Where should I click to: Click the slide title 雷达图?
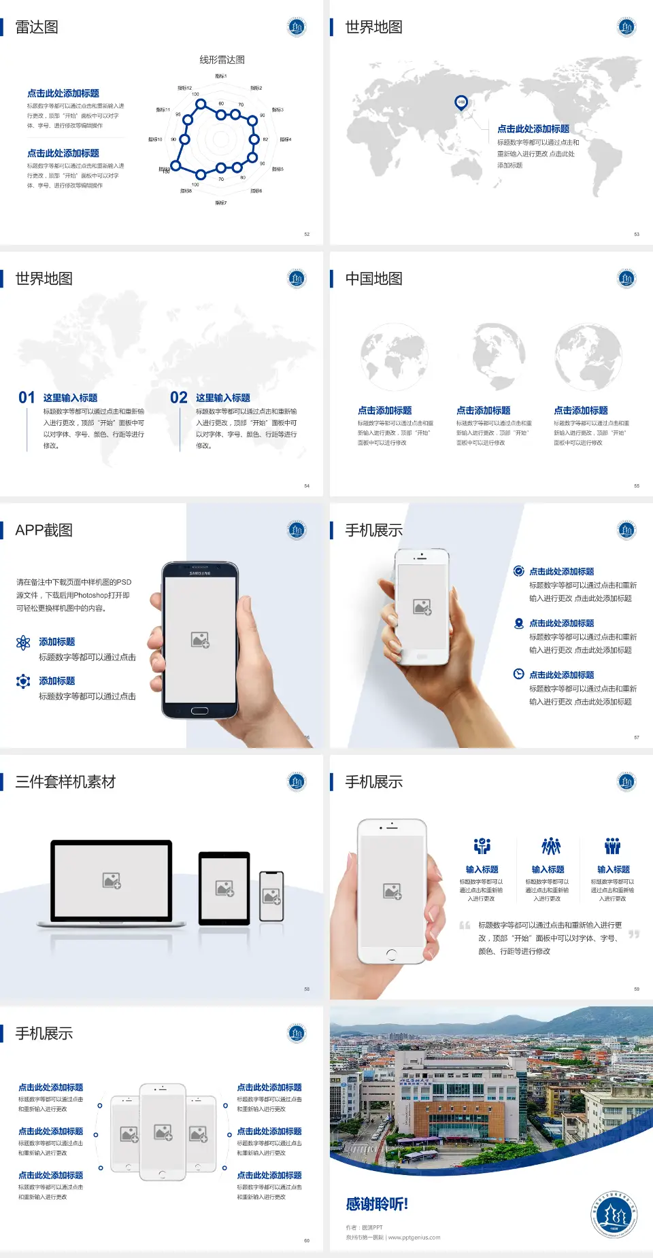(37, 27)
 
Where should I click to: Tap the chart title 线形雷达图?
(222, 60)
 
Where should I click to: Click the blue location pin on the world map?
(461, 103)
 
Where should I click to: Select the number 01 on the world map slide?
(27, 398)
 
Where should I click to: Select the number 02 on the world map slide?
(179, 398)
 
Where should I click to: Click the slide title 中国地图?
(373, 279)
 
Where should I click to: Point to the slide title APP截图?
(44, 530)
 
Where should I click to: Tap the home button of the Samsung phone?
(199, 711)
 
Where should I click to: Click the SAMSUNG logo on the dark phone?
(200, 573)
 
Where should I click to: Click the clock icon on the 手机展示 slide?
(518, 674)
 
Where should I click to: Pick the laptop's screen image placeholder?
(112, 881)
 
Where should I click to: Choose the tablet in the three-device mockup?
(224, 887)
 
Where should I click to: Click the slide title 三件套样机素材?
(65, 782)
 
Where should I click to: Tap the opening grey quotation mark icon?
(465, 925)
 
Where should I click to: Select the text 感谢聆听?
(377, 1204)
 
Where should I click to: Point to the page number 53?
(637, 234)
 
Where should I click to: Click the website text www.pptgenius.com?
(414, 1238)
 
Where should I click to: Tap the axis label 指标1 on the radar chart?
(221, 76)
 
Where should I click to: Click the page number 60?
(307, 1240)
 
